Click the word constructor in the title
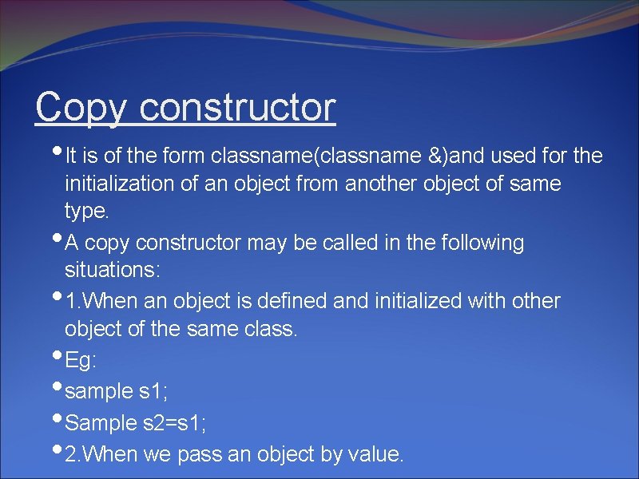coord(237,107)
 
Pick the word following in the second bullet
coord(481,243)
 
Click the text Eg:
coord(81,361)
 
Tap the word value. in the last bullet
coord(376,454)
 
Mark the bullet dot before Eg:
coord(57,354)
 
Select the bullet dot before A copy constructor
coord(57,236)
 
